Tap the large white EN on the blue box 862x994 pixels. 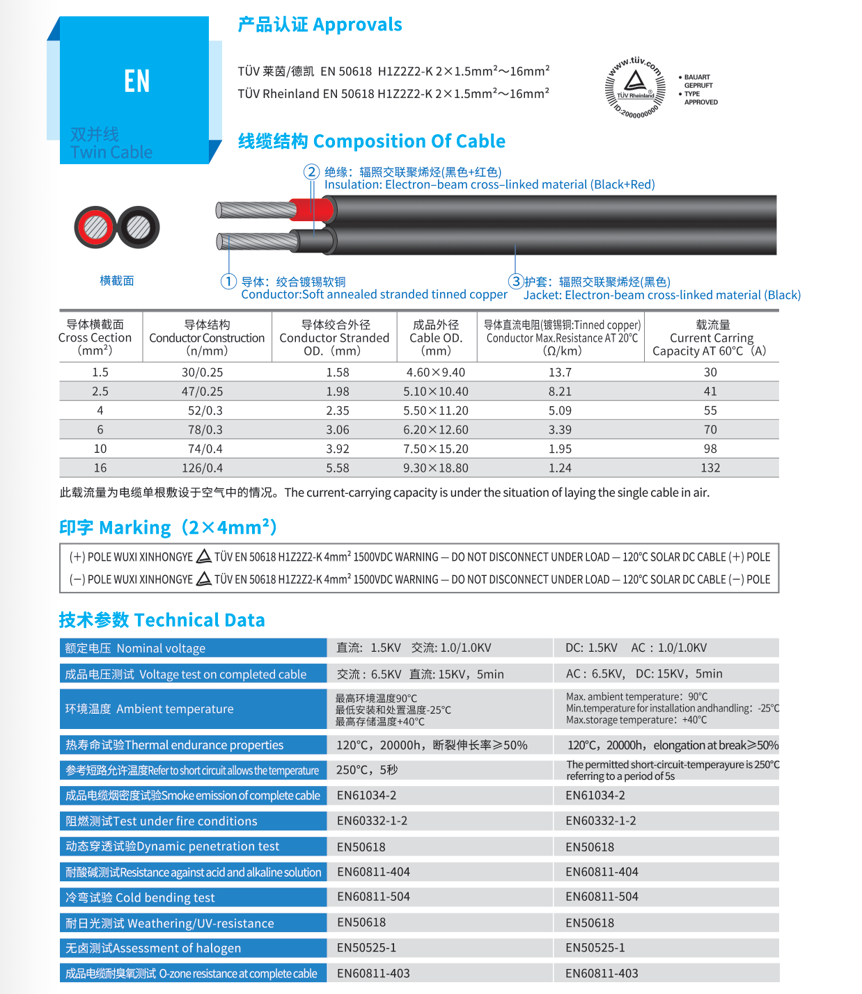[x=136, y=81]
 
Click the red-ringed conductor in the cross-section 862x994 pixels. [x=96, y=227]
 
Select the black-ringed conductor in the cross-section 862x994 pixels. [x=138, y=227]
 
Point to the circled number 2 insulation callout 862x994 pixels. [x=311, y=172]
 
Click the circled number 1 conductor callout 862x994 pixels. [x=228, y=281]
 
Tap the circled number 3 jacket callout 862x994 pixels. [x=515, y=281]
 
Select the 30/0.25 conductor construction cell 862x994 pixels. [x=202, y=372]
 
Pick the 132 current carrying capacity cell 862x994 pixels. [x=710, y=468]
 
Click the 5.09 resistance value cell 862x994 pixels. [x=560, y=410]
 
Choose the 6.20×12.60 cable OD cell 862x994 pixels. [x=436, y=430]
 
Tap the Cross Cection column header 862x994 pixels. [x=95, y=337]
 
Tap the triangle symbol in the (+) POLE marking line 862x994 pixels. [x=203, y=556]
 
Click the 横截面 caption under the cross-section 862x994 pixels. [x=117, y=280]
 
